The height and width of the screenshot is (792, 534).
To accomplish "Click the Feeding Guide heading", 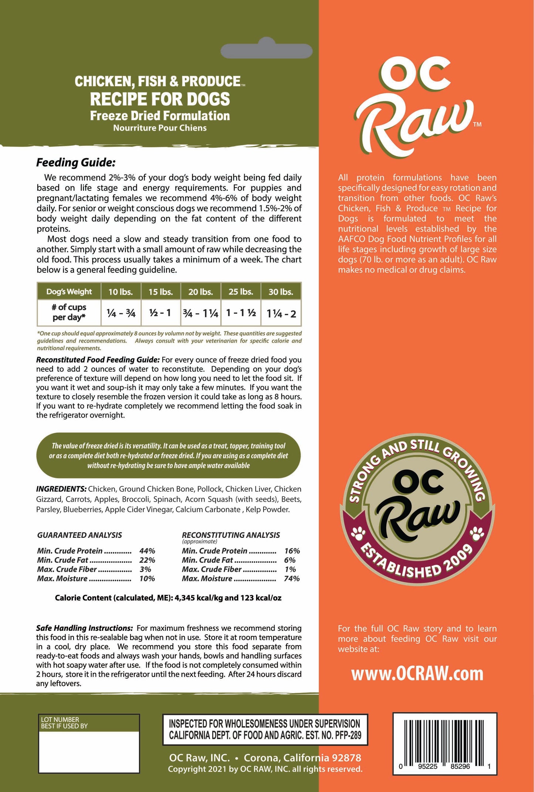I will (76, 162).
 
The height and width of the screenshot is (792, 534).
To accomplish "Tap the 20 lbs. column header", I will (200, 292).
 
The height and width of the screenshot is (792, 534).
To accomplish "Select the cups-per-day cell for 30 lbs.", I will (281, 314).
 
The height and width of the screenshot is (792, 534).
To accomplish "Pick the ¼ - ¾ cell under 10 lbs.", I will (121, 313).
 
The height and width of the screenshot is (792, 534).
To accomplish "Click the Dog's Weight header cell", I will (69, 291).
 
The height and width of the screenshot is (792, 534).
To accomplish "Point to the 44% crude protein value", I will (147, 551).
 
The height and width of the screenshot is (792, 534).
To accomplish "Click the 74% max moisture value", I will (292, 579).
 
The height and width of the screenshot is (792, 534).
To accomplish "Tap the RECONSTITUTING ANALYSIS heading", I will (231, 535).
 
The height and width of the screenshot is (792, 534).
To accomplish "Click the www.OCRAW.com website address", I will (417, 674).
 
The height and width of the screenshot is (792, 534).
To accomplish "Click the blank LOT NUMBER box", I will (89, 752).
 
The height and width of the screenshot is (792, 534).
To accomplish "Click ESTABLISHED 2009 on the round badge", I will (417, 563).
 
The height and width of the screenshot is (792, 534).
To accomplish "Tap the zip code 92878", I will (346, 758).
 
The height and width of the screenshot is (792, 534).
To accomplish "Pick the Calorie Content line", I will (168, 598).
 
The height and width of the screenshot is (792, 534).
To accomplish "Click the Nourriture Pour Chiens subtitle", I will (160, 128).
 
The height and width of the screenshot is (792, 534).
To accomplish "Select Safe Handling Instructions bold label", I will (84, 628).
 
